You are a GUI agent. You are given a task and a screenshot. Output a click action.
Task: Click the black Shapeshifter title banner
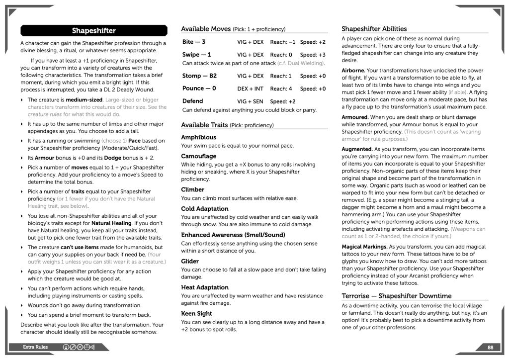(x=93, y=31)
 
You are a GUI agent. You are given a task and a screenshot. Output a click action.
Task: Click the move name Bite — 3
(x=194, y=42)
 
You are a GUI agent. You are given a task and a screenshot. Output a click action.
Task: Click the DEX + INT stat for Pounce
(x=250, y=89)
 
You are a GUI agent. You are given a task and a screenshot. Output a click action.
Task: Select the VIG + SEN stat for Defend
(x=250, y=101)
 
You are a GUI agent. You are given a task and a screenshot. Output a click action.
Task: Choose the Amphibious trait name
(x=199, y=137)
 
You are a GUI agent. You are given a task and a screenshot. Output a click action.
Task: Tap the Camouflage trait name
(x=199, y=156)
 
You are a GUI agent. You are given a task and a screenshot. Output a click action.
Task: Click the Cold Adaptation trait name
(x=205, y=209)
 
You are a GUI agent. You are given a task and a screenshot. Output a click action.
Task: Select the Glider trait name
(x=190, y=261)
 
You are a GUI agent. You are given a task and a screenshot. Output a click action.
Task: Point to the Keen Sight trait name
(x=197, y=314)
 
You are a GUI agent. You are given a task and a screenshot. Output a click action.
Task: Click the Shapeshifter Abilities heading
(x=374, y=29)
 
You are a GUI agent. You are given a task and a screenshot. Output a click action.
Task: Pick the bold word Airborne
(x=353, y=71)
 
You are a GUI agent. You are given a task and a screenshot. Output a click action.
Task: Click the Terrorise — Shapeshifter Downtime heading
(x=397, y=296)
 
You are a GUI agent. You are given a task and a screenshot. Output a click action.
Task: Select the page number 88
(x=490, y=347)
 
